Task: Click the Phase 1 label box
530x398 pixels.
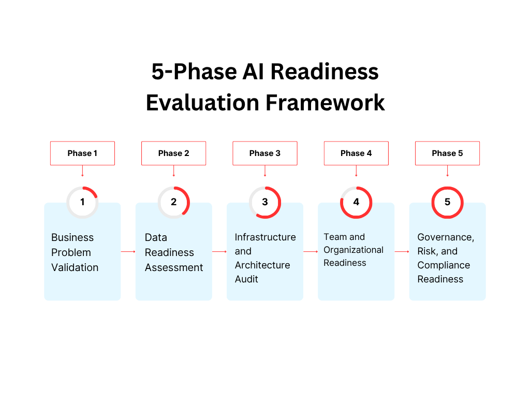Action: (82, 153)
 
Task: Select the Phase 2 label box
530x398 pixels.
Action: (173, 153)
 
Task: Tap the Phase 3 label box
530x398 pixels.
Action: (265, 153)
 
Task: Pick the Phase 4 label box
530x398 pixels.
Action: (356, 153)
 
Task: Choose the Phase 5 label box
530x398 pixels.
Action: (447, 153)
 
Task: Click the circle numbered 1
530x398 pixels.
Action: (82, 202)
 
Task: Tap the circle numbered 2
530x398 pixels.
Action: (174, 202)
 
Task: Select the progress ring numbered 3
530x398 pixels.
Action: (265, 202)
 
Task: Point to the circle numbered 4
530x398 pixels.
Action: (356, 202)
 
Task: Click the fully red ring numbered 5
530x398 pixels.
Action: (447, 202)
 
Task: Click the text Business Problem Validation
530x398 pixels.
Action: (75, 252)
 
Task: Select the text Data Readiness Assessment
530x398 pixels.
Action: (173, 252)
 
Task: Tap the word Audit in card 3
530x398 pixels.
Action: (246, 279)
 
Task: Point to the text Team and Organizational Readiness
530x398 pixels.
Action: (354, 250)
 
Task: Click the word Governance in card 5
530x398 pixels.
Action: (446, 237)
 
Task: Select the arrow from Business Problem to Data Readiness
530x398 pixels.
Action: (128, 251)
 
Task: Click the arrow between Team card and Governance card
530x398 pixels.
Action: (402, 251)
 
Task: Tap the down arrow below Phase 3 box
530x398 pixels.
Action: (265, 171)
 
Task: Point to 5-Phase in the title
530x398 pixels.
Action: (187, 72)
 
